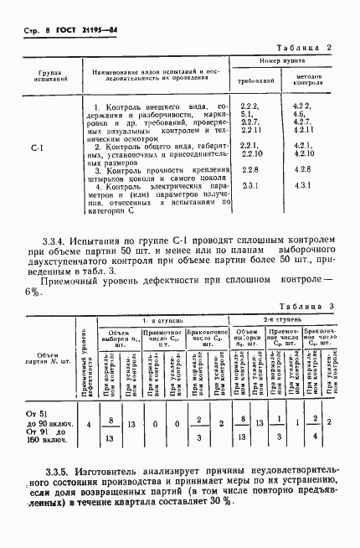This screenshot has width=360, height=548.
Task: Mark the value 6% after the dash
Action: pyautogui.click(x=33, y=292)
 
